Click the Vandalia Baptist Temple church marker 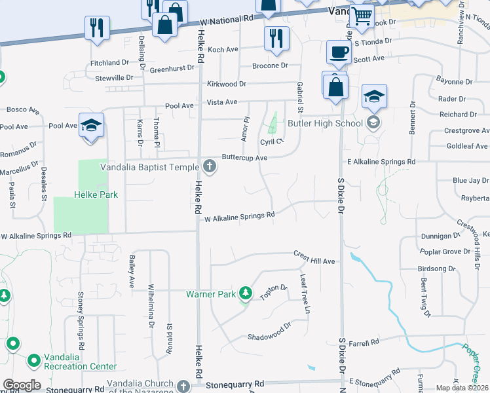210,166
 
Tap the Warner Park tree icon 246,293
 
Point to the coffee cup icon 338,52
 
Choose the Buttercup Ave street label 244,158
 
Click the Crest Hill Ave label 314,257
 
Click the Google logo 22,384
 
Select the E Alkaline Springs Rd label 381,161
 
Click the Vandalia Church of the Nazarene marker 183,384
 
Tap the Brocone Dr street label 270,65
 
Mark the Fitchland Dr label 110,62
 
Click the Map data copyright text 462,388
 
